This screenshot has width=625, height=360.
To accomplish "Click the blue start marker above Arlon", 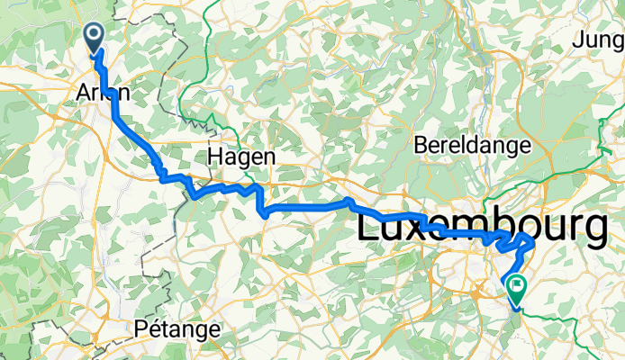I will click(94, 36).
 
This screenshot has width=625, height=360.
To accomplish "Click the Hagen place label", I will click(240, 157).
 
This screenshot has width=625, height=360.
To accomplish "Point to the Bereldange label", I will click(471, 144).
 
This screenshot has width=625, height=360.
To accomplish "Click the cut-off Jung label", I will click(598, 42).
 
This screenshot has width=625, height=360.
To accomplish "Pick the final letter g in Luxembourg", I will click(592, 230).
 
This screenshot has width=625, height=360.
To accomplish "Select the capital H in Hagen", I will click(216, 157).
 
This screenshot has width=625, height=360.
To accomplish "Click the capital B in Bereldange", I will click(421, 144).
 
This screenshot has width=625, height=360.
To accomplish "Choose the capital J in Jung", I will click(578, 42).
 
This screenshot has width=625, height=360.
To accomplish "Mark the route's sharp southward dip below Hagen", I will click(264, 212).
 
